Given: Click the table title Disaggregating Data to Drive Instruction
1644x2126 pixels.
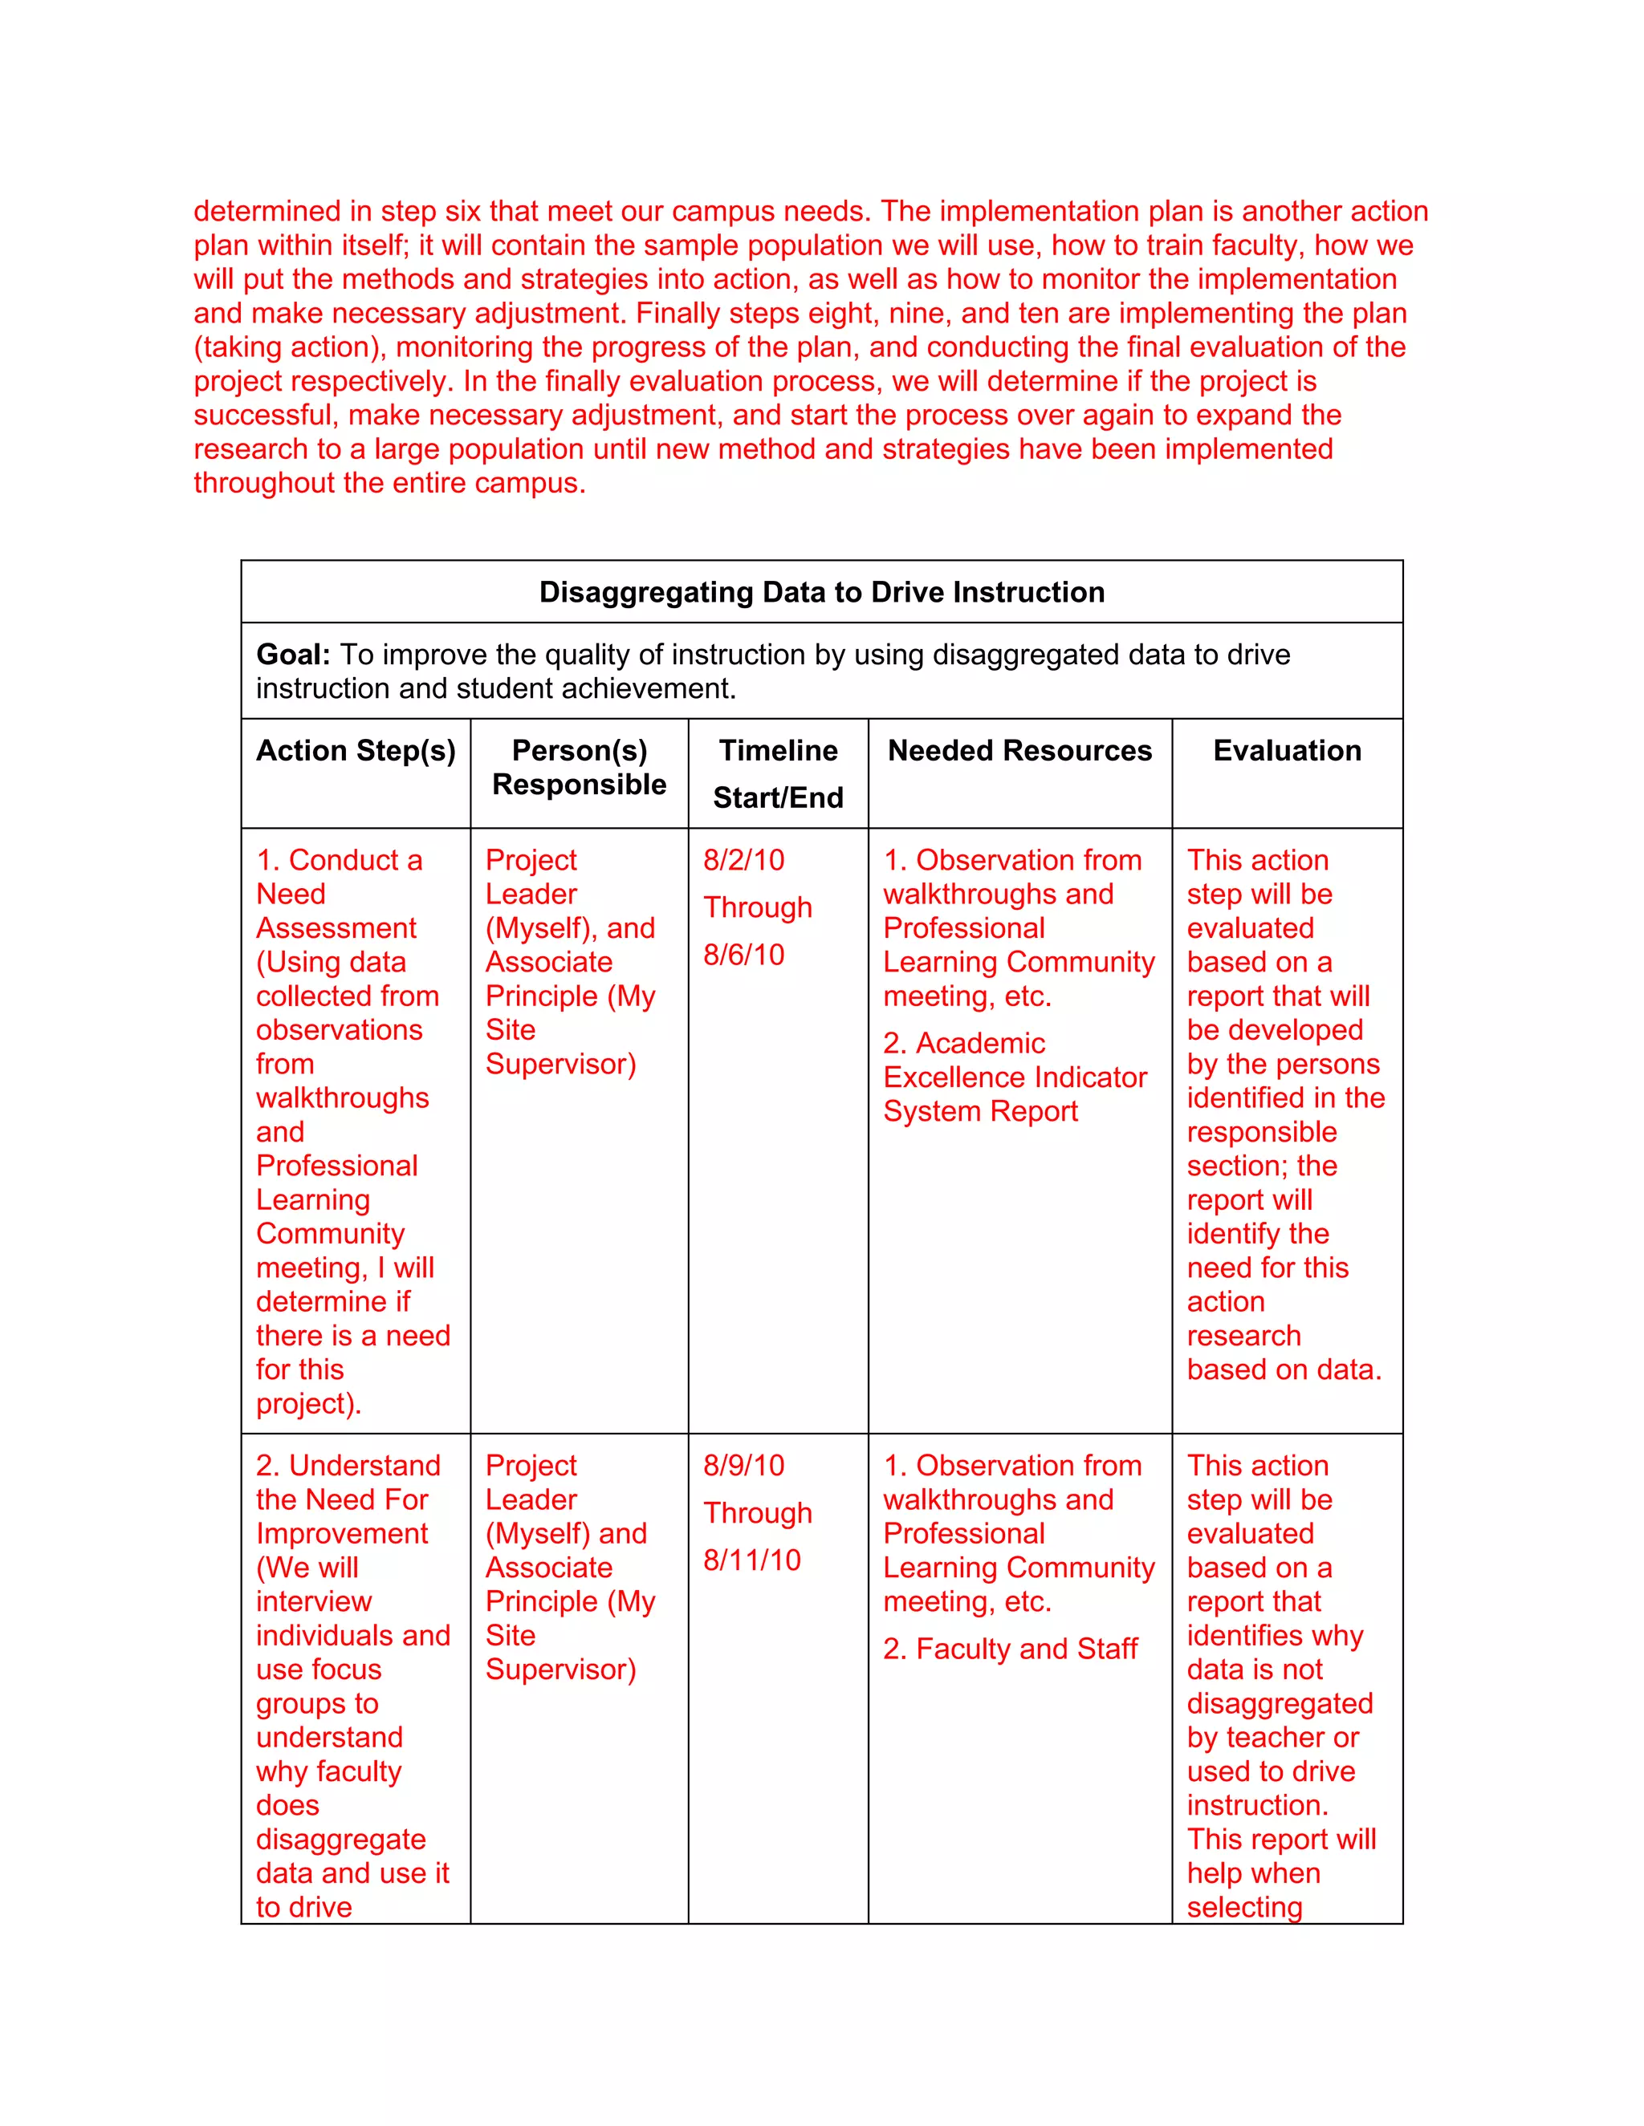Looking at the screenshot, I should [821, 592].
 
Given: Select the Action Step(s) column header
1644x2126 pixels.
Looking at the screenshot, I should [356, 751].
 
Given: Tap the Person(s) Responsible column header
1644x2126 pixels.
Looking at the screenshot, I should [579, 767].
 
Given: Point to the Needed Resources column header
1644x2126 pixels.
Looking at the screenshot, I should [1019, 751].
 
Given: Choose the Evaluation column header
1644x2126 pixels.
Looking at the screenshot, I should [1287, 751].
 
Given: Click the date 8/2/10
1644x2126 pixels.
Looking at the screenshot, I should [743, 861].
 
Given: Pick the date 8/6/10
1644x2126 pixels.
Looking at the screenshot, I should [743, 955].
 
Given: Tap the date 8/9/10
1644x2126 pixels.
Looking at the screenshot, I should [743, 1465].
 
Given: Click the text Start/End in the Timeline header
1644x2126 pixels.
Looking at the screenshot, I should [777, 797].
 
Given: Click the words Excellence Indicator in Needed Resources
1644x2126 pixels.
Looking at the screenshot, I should [1014, 1077].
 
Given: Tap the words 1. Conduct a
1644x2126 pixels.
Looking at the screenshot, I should [339, 861].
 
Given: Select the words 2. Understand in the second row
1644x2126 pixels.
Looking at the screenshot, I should [348, 1465].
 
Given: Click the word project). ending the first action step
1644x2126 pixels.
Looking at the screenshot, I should [307, 1404].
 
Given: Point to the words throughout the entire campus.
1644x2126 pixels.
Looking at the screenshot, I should [389, 483].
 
